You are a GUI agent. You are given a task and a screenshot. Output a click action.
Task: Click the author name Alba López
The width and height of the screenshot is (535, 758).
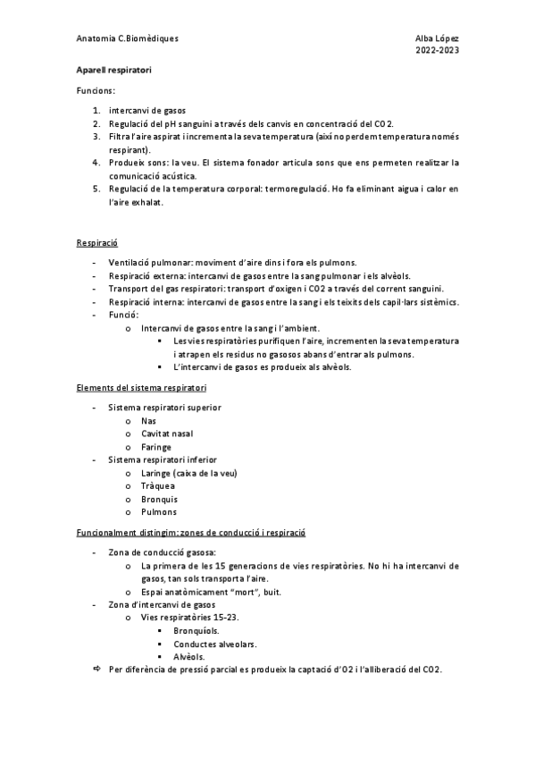[x=438, y=38]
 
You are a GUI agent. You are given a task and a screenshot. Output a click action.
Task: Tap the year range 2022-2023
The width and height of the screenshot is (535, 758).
[x=438, y=51]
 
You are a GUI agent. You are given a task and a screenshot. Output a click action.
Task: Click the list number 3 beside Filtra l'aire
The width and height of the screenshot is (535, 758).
[x=96, y=137]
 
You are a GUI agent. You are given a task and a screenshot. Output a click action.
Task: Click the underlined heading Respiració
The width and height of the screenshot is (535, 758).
[x=97, y=243]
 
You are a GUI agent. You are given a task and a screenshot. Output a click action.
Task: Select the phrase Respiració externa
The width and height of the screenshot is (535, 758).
[x=146, y=276]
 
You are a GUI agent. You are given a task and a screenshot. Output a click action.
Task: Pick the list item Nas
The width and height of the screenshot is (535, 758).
[x=148, y=420]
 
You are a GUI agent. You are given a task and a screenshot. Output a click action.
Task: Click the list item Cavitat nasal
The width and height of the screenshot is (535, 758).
[x=167, y=434]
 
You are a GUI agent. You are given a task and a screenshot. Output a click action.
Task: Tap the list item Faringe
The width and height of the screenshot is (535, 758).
[x=156, y=447]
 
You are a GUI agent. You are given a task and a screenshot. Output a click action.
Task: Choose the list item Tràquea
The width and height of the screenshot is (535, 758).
[x=157, y=486]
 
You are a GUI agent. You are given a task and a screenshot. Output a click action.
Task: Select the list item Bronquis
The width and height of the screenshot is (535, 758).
[x=159, y=499]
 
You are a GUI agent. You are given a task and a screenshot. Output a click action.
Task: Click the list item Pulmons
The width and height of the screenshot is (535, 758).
[x=159, y=512]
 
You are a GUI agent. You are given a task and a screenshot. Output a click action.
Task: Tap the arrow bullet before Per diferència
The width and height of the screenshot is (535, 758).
[x=97, y=670]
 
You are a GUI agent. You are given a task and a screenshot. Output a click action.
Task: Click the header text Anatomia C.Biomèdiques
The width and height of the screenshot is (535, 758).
[x=128, y=38]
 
